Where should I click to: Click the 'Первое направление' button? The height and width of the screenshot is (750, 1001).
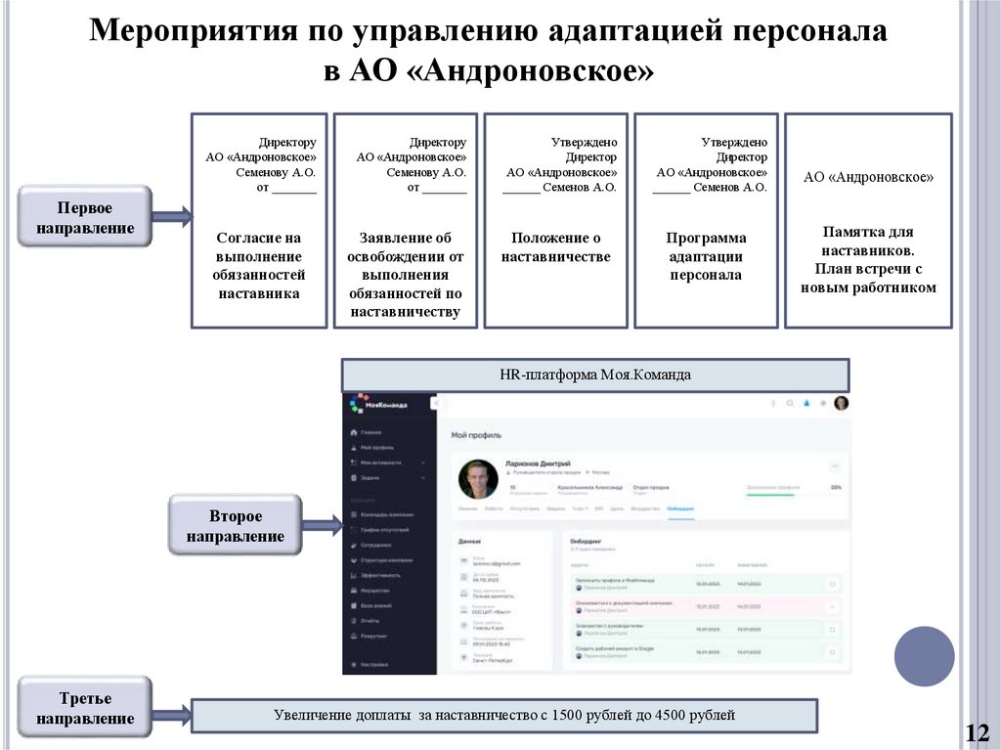[85, 218]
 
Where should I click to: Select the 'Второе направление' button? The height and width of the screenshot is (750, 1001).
[236, 526]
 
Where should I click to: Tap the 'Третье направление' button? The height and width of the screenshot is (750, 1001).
[85, 708]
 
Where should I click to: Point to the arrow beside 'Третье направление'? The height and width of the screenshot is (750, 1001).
[172, 716]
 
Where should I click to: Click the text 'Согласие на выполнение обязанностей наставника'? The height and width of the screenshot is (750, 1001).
[259, 265]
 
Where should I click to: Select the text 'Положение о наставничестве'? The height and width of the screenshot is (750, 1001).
[555, 247]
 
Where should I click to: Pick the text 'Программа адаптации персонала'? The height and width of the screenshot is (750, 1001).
[706, 256]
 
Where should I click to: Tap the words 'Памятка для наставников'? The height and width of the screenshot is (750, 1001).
[868, 241]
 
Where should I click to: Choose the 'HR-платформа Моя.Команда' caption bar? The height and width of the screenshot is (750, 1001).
[595, 375]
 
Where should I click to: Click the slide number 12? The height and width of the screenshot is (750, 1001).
[977, 732]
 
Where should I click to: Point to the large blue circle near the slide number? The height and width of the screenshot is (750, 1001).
[924, 656]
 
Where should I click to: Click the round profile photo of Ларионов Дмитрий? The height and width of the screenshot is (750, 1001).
[478, 479]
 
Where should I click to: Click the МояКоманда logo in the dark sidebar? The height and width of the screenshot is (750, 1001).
[376, 404]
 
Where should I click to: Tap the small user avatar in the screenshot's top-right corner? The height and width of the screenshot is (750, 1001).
[841, 403]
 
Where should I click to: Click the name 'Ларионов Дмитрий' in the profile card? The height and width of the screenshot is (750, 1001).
[538, 463]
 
